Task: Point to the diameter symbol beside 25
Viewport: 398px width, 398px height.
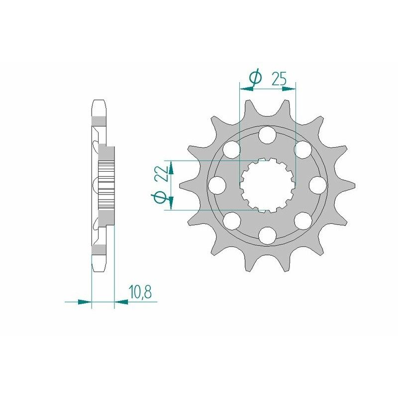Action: (x=255, y=78)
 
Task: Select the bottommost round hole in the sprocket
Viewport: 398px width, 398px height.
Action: (x=267, y=235)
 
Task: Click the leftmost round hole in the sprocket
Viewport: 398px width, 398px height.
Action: (x=216, y=185)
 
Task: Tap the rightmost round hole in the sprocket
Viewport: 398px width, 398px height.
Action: (x=317, y=185)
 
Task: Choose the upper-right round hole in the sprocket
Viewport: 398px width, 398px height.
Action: (x=303, y=149)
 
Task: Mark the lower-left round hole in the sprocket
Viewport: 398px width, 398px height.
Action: (x=231, y=220)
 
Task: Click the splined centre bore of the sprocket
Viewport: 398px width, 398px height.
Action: (x=267, y=185)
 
